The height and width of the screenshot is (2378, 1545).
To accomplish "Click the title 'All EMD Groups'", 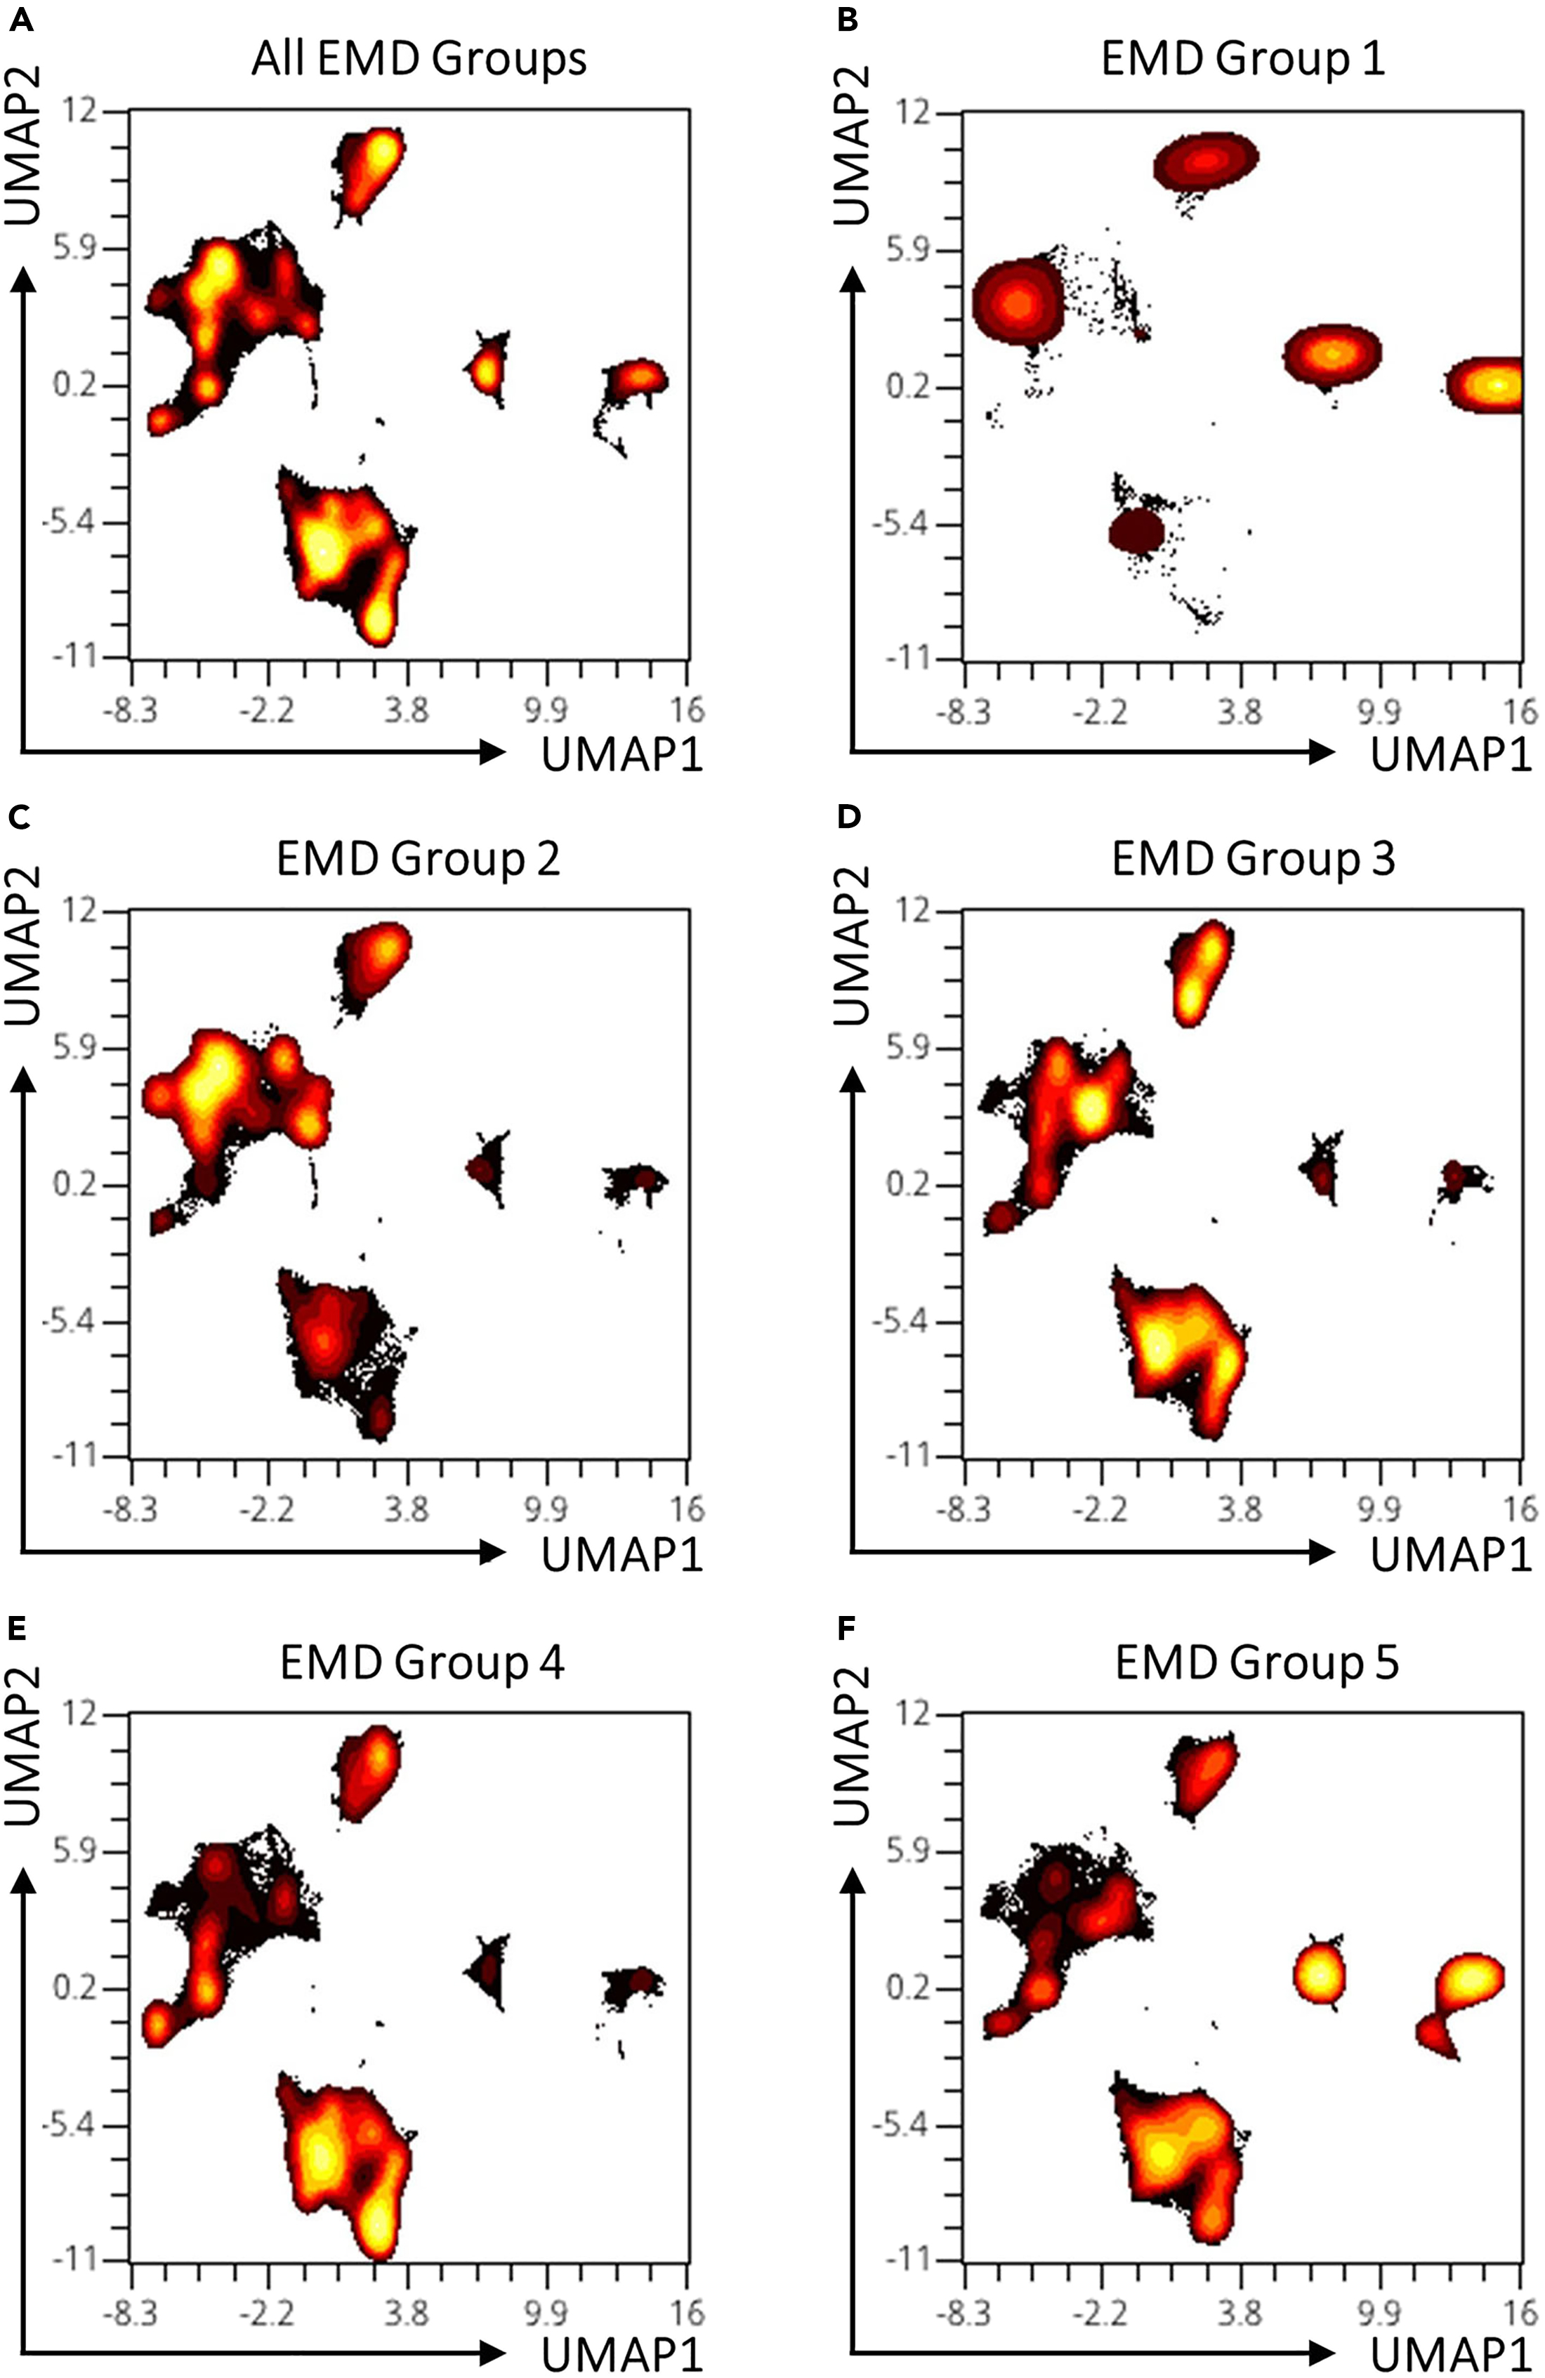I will (x=418, y=59).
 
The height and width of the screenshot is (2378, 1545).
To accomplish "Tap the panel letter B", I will (x=848, y=19).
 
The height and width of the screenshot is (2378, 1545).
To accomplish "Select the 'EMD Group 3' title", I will (x=1252, y=860).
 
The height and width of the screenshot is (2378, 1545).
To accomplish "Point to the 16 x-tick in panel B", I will (x=1519, y=711).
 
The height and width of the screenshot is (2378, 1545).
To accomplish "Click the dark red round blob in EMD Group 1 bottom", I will (x=1137, y=532).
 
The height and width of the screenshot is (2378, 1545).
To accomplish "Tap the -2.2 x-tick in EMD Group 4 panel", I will (x=268, y=2310).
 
